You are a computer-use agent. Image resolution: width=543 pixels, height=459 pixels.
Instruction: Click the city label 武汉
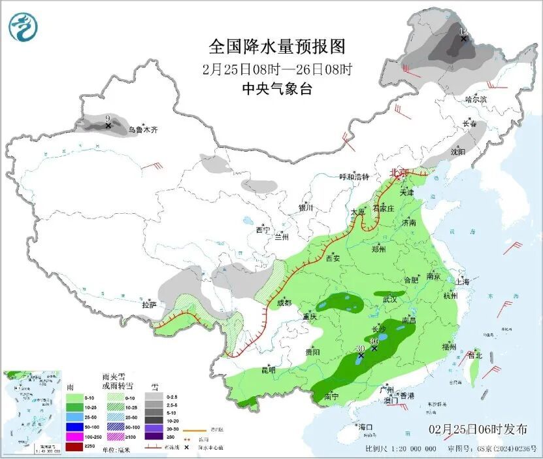pos(390,299)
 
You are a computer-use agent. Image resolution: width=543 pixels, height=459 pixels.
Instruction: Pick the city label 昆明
pos(268,370)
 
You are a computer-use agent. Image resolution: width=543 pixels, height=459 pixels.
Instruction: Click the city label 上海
pos(463,282)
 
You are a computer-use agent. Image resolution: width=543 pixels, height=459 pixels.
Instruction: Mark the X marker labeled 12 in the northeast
pos(463,39)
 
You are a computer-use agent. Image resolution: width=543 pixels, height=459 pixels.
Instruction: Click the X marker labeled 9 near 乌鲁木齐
pos(108,125)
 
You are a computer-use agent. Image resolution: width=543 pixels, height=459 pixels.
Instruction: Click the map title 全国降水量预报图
pos(276,46)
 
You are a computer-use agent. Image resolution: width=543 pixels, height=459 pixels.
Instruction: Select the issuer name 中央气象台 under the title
pos(276,89)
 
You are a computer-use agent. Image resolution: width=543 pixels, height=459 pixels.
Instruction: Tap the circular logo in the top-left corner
pos(23,27)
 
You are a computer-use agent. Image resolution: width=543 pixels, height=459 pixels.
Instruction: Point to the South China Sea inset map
pos(31,412)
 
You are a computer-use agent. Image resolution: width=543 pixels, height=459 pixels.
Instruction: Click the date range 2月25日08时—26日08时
pos(276,69)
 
